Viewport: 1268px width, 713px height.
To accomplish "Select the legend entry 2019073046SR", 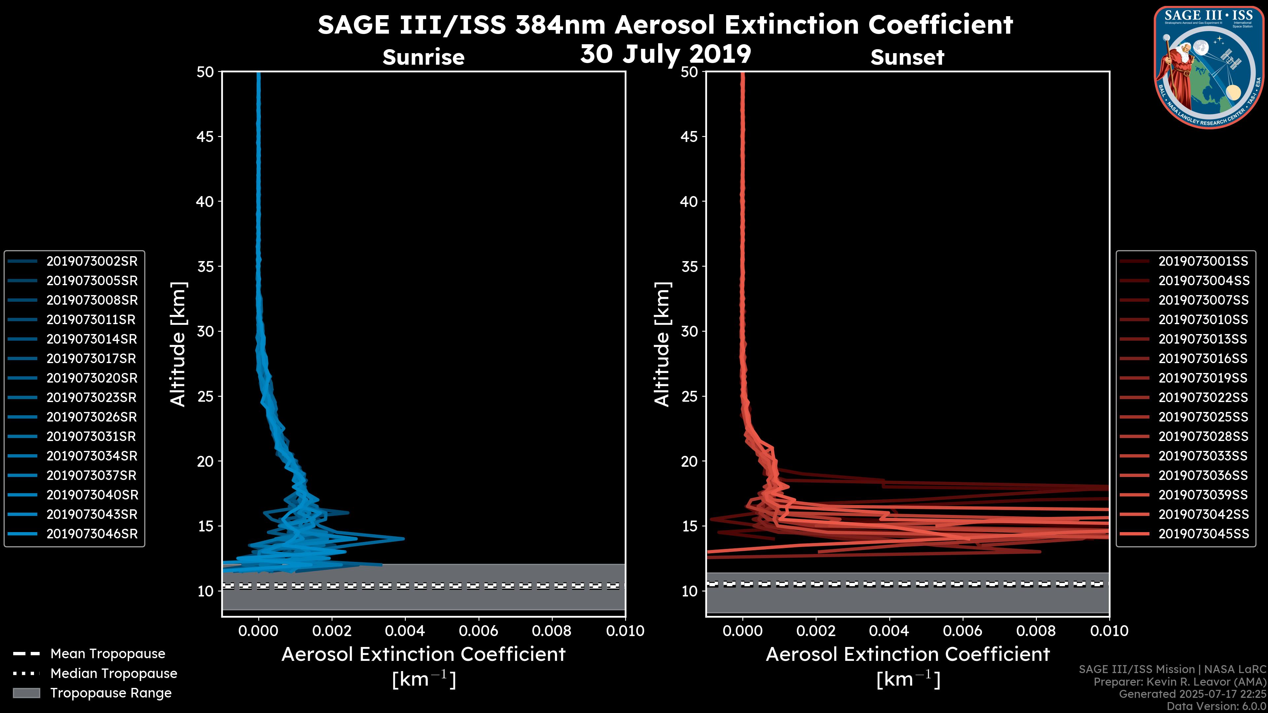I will click(91, 534).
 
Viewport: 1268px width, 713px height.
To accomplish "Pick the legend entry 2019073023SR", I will click(91, 397).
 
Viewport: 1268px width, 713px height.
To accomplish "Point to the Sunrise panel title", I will click(423, 57).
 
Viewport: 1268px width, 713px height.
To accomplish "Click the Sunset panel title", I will click(907, 57).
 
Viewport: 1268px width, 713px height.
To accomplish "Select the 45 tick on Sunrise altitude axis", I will click(205, 136).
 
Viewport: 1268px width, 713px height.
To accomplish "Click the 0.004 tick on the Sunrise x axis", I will click(405, 631).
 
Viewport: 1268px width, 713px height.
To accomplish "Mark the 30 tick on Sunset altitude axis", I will click(689, 331).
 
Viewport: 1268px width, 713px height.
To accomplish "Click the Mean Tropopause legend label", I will click(108, 654).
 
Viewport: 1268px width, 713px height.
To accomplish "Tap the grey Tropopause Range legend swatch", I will click(26, 693).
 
